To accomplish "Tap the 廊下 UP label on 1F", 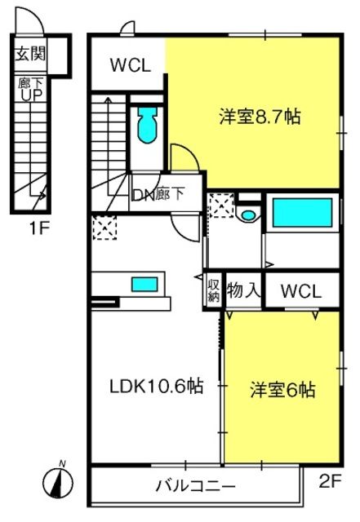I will [30, 88].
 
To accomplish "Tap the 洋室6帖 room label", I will [282, 389].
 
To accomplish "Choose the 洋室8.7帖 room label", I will [260, 116].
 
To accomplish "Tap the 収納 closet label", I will [213, 290].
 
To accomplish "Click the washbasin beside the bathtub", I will [248, 215].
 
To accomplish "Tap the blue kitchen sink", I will [144, 285].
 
